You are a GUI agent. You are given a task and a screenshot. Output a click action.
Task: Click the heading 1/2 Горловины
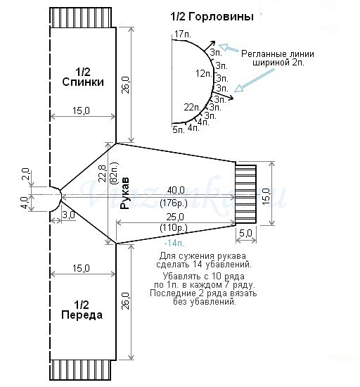tap(212, 17)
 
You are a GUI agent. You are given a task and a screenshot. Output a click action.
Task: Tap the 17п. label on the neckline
tap(183, 34)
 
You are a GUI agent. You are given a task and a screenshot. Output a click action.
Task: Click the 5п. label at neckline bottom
tap(179, 129)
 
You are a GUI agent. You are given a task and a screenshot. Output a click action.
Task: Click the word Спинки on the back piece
tap(83, 82)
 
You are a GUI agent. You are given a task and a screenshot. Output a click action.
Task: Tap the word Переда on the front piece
tap(82, 315)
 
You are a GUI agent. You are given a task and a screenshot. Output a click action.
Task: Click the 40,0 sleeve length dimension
tap(176, 190)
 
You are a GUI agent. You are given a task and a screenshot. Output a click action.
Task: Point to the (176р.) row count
tap(174, 203)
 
